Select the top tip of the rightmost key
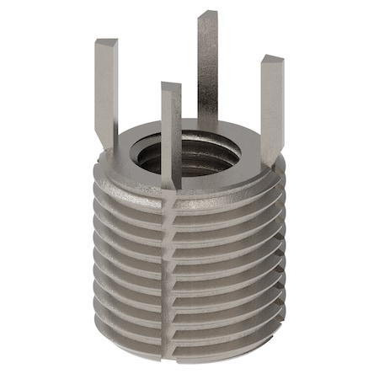coord(272,60)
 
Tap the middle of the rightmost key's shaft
coord(270,105)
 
